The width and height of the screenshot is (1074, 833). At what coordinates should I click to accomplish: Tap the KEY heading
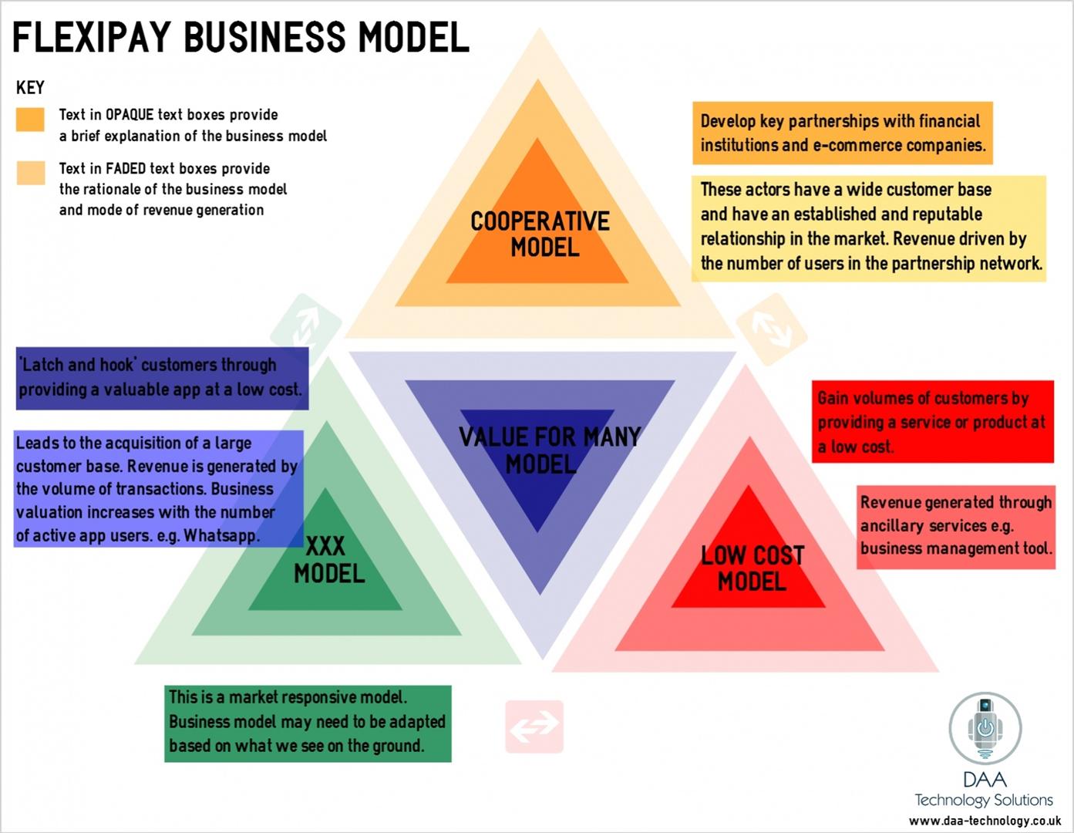pos(30,87)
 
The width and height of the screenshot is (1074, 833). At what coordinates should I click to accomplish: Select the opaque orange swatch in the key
pos(31,120)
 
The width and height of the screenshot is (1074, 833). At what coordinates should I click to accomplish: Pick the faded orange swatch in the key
pos(31,173)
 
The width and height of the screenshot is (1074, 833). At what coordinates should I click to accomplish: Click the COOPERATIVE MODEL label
pos(540,234)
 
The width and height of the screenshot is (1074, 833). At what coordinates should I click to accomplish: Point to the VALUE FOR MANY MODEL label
pos(548,450)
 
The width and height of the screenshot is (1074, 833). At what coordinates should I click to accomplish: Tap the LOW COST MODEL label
pos(752,568)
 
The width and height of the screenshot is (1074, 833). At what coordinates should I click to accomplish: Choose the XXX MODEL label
pos(328,560)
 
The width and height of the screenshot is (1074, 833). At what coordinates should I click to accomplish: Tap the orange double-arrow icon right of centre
pos(772,329)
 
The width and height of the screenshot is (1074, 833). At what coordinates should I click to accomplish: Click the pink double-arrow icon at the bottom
pos(534,726)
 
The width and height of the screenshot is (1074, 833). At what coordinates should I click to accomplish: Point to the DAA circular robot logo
pos(985,727)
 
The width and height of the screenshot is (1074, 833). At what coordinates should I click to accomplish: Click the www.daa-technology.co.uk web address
pos(985,821)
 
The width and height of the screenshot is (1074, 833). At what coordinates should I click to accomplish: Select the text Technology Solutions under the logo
pos(983,800)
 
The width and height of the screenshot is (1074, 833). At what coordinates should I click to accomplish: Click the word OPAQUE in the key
pos(130,115)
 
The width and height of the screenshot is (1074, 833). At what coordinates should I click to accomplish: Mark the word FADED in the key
pos(130,168)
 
